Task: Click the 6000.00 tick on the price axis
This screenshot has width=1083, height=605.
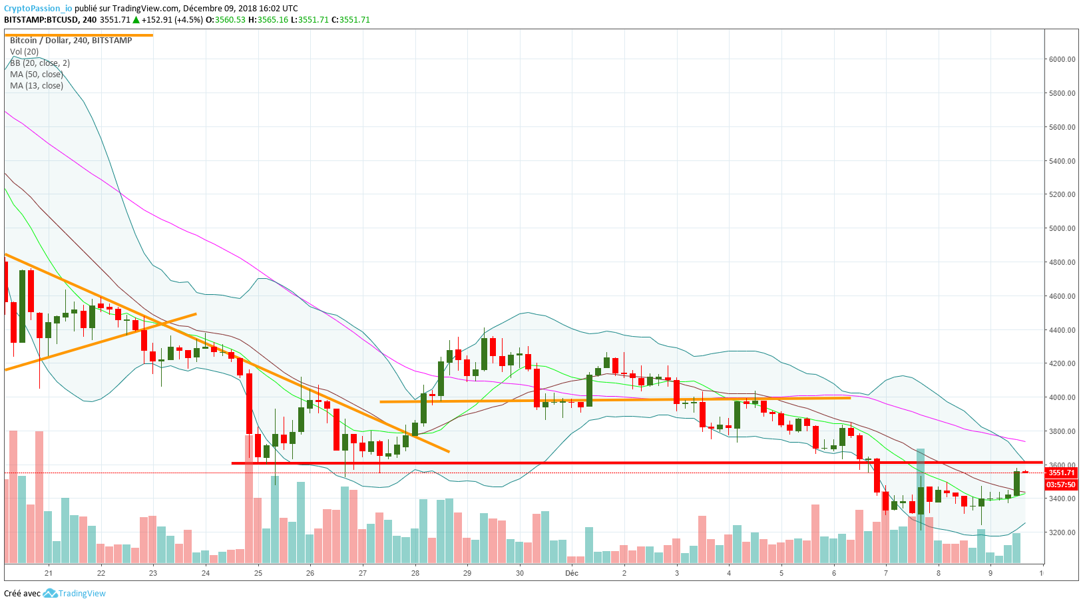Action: [1062, 59]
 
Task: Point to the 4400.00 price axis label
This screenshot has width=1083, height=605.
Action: [1062, 330]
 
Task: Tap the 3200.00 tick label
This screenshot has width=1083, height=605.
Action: [1062, 532]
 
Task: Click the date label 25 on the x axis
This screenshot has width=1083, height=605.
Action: [258, 573]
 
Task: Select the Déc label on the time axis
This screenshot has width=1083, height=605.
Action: [572, 573]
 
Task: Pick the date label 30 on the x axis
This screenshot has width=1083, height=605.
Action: [520, 573]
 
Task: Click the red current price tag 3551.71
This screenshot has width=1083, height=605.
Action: [1062, 473]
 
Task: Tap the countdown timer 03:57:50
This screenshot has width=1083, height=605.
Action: [1062, 485]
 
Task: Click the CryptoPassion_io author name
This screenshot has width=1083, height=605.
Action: [38, 9]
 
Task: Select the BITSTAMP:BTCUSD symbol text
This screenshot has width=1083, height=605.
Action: [41, 20]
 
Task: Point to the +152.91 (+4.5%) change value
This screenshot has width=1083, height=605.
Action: [171, 20]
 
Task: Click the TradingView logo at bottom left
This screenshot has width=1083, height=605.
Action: [75, 594]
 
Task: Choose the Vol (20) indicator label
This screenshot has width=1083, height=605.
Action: [24, 52]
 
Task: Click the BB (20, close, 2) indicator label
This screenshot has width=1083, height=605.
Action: [40, 63]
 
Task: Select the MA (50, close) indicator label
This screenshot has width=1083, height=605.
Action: [37, 75]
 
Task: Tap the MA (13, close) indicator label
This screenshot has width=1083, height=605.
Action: [37, 86]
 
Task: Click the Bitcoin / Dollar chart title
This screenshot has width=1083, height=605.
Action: [71, 41]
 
